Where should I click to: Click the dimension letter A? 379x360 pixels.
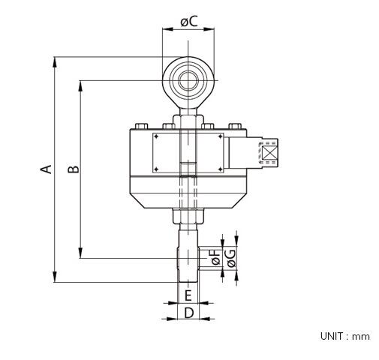(46, 169)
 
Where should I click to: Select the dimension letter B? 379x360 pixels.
(73, 169)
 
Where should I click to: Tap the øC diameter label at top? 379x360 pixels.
(189, 22)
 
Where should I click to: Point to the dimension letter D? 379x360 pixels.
(189, 312)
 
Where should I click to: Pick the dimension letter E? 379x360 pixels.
(188, 295)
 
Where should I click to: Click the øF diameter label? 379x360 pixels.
(215, 258)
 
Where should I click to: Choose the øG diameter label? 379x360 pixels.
(231, 258)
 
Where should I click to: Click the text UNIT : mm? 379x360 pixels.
(344, 337)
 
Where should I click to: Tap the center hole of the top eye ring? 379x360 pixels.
(188, 79)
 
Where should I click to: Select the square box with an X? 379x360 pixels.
(267, 152)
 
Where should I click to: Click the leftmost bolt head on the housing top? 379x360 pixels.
(140, 126)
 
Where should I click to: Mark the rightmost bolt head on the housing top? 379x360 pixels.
(236, 126)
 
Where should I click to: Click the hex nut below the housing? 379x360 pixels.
(188, 218)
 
